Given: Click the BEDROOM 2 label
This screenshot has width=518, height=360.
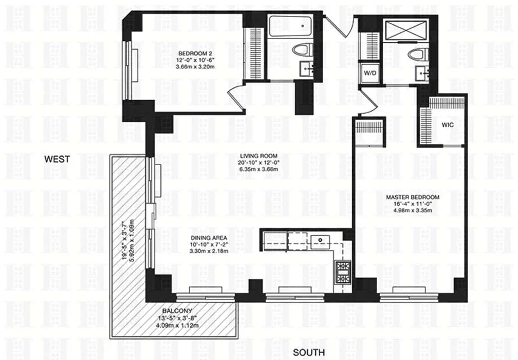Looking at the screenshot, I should point(192,55).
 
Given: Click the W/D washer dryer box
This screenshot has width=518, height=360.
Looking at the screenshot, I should point(370,72).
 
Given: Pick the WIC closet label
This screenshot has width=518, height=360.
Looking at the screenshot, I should point(447,126).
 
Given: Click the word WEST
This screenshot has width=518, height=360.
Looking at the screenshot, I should point(57,159).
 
